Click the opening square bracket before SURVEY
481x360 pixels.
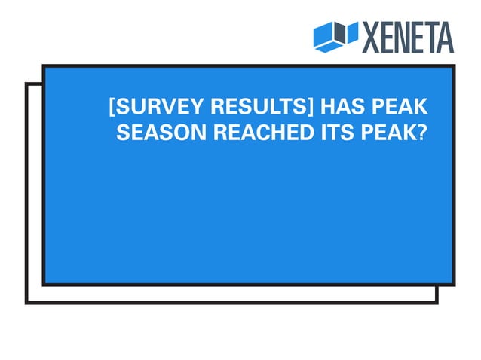112,107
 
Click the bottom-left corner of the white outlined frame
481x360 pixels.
27,302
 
